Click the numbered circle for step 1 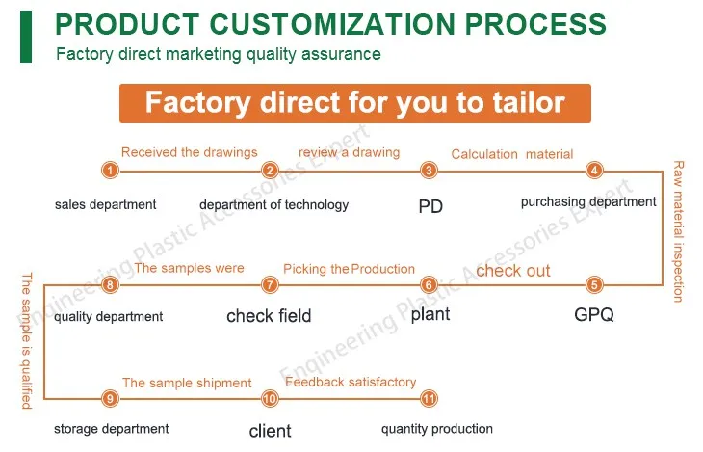(x=111, y=171)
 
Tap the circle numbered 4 (x=594, y=171)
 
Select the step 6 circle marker (x=430, y=284)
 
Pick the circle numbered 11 (x=430, y=398)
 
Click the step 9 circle (x=111, y=398)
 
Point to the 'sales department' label (x=105, y=204)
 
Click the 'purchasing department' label (x=588, y=202)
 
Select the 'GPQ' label (x=593, y=315)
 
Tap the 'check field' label (x=269, y=316)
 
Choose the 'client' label (x=270, y=431)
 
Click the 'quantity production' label (x=436, y=429)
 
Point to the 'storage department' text (x=111, y=429)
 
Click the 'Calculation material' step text (x=511, y=154)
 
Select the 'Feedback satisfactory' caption (x=351, y=383)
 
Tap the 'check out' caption (x=513, y=271)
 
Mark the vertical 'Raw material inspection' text (x=678, y=231)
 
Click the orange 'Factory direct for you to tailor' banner (x=354, y=103)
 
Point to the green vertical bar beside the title (x=26, y=38)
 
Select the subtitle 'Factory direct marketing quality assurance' (x=218, y=54)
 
